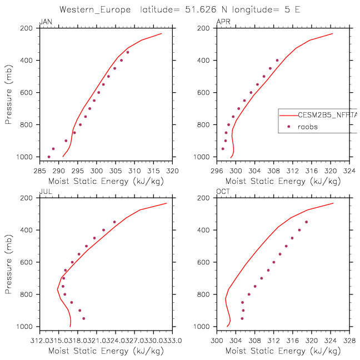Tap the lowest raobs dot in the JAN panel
tap(49, 157)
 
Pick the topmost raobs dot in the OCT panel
tap(306, 222)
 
